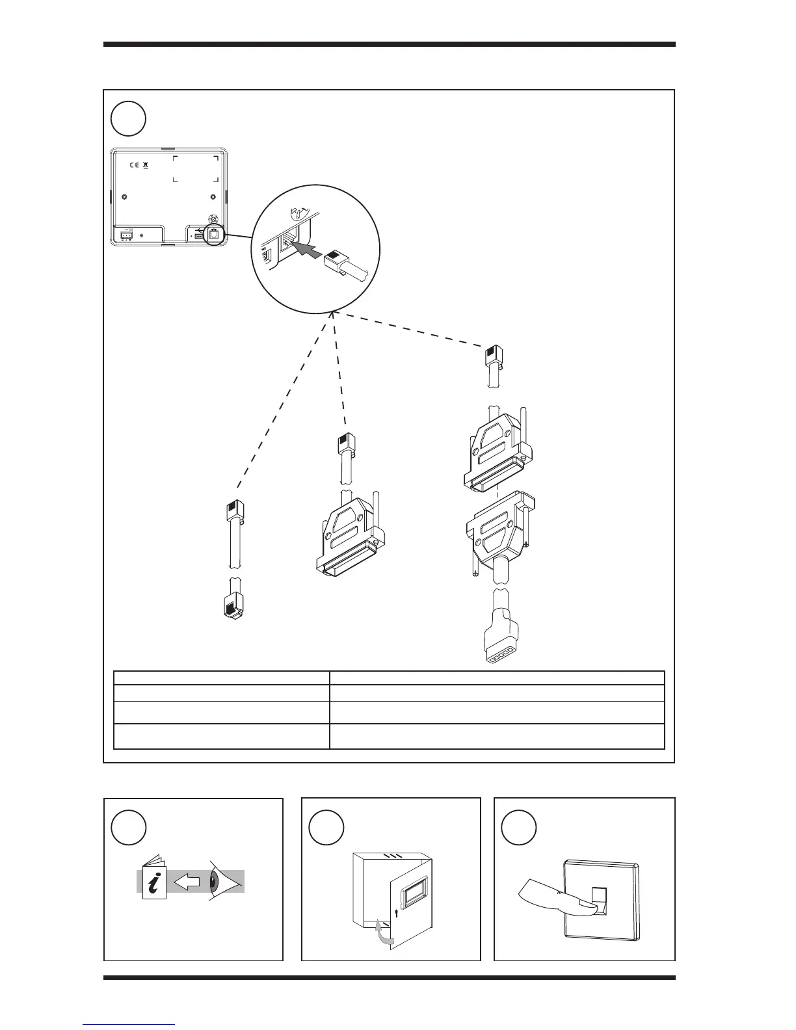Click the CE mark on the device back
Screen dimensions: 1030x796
click(134, 166)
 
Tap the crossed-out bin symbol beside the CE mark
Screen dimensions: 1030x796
click(146, 166)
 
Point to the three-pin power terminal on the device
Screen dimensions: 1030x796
click(126, 235)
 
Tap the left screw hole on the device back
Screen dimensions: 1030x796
click(125, 198)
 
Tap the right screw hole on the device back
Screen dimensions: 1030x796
click(213, 198)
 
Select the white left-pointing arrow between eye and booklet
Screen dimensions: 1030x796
click(187, 882)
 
